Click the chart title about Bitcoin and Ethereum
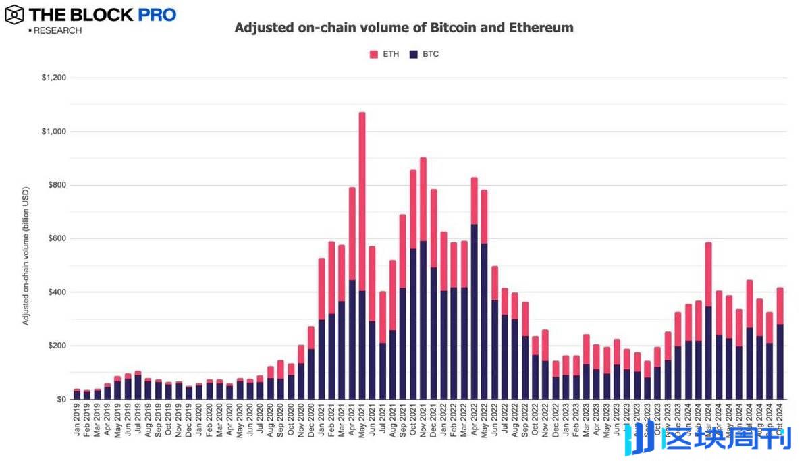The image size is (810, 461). (x=404, y=28)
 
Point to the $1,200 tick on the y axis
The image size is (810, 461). (x=53, y=78)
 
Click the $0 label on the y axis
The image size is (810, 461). (x=61, y=400)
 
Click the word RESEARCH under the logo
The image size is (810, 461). (x=57, y=31)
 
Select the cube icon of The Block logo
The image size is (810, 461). (x=14, y=14)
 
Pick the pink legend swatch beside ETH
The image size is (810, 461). (x=374, y=54)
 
